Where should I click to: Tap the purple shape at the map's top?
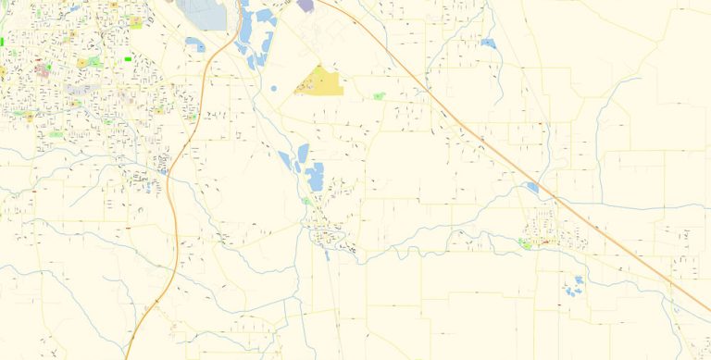306,5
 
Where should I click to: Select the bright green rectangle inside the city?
128,59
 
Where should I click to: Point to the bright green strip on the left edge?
3,42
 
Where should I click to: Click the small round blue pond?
274,89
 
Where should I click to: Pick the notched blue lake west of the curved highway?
195,43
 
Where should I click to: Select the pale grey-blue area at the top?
203,13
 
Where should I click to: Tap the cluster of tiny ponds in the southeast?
574,287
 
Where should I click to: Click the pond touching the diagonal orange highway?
532,187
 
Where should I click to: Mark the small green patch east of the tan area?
378,95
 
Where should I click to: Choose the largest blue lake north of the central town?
316,176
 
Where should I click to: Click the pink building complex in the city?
42,68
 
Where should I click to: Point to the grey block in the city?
81,91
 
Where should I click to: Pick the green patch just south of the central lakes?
306,200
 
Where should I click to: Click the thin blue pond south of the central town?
327,254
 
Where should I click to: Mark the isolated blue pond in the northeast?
488,43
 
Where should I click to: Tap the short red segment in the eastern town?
545,243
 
